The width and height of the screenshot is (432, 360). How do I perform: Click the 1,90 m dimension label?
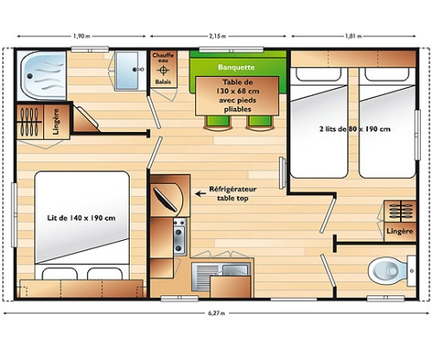pyautogui.click(x=82, y=36)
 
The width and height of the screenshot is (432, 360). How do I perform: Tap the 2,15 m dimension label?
pyautogui.click(x=218, y=36)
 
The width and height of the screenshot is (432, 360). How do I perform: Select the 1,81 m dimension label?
pyautogui.click(x=353, y=36)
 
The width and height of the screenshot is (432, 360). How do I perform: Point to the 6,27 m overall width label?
pyautogui.click(x=216, y=313)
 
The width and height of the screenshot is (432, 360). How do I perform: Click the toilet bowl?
pyautogui.click(x=388, y=271)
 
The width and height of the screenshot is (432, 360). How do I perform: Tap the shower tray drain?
pyautogui.click(x=30, y=76)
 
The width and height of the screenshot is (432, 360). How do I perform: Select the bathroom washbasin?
pyautogui.click(x=127, y=71)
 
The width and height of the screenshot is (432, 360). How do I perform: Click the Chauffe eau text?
pyautogui.click(x=163, y=57)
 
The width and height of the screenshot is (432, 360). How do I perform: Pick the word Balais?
pyautogui.click(x=163, y=82)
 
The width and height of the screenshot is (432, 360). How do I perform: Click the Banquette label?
pyautogui.click(x=236, y=67)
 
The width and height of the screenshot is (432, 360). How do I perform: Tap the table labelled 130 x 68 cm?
pyautogui.click(x=238, y=96)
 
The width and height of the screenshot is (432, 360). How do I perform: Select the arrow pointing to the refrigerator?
pyautogui.click(x=200, y=193)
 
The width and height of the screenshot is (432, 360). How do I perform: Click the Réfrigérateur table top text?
pyautogui.click(x=232, y=193)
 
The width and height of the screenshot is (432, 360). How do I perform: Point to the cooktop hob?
pyautogui.click(x=180, y=237)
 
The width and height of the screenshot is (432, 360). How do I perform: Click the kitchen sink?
pyautogui.click(x=221, y=277)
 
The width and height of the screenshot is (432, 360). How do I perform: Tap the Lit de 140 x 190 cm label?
pyautogui.click(x=81, y=218)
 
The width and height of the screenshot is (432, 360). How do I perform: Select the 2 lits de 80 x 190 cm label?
pyautogui.click(x=355, y=129)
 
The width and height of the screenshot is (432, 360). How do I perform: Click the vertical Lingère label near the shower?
pyautogui.click(x=56, y=122)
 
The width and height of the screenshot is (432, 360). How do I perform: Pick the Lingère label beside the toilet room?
pyautogui.click(x=400, y=231)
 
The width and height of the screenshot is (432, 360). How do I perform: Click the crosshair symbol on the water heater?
pyautogui.click(x=163, y=70)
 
